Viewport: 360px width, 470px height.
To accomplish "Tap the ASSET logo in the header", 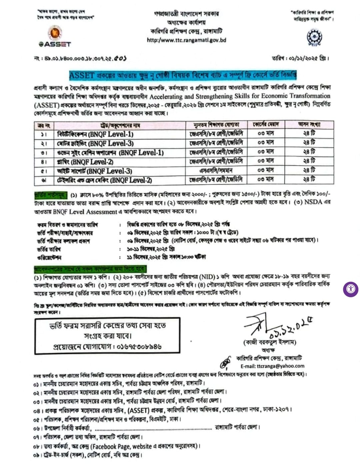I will point(55,37).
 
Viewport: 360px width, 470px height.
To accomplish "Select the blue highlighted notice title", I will point(183,75).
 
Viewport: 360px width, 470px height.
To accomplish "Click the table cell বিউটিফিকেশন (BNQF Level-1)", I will point(95,134).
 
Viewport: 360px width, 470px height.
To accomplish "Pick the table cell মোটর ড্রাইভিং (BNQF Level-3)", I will point(95,143).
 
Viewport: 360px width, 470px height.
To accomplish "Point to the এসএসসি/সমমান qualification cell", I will point(216,171).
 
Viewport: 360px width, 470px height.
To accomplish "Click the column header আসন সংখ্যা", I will point(309,125).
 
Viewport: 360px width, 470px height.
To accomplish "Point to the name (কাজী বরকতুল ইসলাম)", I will point(270,342).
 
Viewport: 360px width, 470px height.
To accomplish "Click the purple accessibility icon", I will point(350,289).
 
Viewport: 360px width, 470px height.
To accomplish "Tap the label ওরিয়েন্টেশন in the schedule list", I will point(49,258).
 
